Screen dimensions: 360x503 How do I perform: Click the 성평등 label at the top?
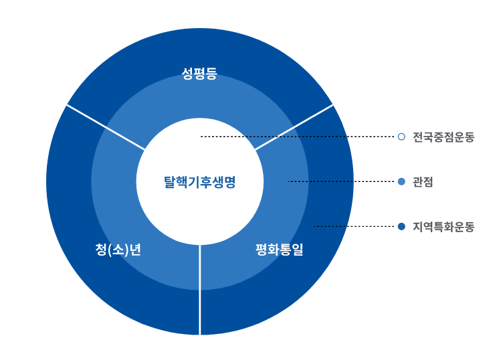199,74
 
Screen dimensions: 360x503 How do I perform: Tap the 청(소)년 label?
118,250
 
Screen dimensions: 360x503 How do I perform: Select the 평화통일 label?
279,250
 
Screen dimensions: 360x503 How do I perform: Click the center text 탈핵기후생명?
199,181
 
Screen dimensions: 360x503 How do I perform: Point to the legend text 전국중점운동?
443,137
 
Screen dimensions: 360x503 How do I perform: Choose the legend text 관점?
423,181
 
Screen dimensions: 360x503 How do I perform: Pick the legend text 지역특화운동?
443,227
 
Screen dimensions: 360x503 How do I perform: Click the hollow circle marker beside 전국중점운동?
401,137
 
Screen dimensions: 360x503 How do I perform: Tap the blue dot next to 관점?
401,181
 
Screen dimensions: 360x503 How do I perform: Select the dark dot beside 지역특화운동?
401,226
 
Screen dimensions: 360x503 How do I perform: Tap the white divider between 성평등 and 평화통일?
294,127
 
